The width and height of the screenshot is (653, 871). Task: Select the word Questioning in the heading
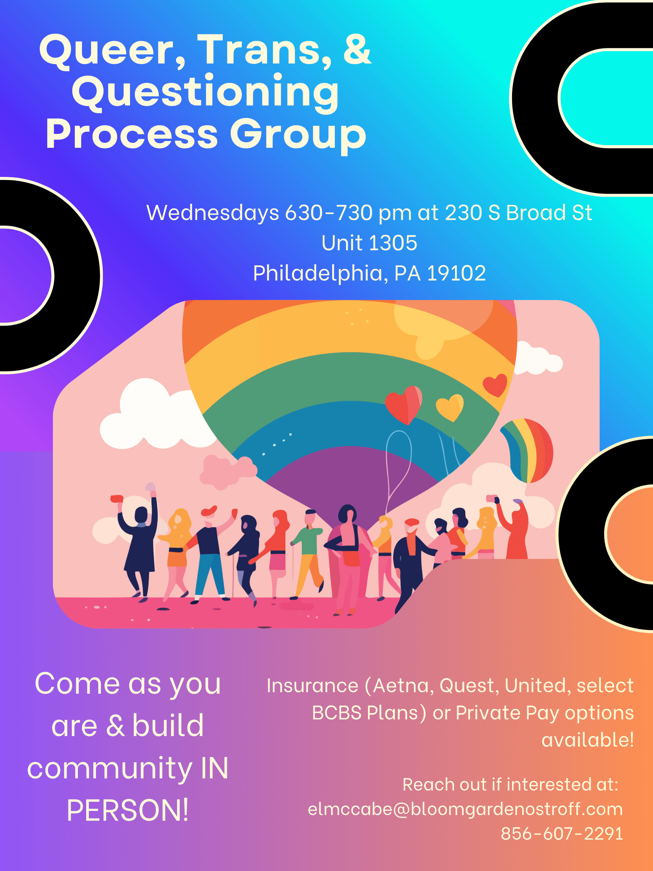205,93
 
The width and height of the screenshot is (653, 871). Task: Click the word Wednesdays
212,213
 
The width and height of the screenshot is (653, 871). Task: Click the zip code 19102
456,273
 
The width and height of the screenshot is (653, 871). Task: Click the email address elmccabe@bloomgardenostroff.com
465,809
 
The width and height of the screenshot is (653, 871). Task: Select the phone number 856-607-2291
562,834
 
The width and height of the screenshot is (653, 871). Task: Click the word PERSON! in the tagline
127,811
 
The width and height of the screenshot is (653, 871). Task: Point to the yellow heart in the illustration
449,407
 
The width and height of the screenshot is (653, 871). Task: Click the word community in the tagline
110,768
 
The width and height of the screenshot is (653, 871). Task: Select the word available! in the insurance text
587,740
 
